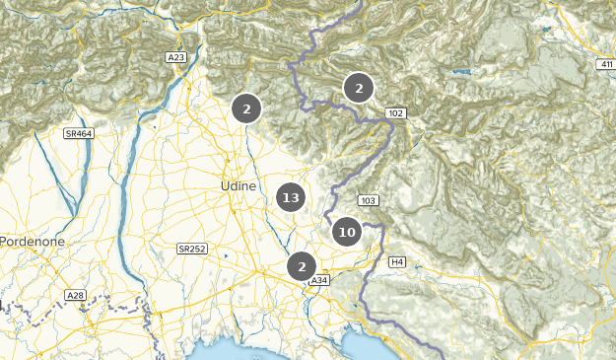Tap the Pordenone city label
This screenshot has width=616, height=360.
[x=32, y=241]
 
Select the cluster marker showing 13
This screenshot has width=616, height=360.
[x=290, y=198]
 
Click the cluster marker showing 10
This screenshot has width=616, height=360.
[x=346, y=233]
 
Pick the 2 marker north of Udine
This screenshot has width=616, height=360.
[x=246, y=108]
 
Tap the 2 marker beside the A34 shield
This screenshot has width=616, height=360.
[x=301, y=266]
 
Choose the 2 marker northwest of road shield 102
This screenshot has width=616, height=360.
[x=359, y=89]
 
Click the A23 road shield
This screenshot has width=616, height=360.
[x=176, y=58]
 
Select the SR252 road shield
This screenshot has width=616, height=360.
[x=191, y=249]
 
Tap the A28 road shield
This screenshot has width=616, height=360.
[x=75, y=295]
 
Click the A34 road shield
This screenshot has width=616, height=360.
[x=318, y=281]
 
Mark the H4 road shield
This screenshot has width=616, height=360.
[x=397, y=261]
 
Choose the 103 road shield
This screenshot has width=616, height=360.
[x=369, y=201]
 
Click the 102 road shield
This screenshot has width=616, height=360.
[x=396, y=114]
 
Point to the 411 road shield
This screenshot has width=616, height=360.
[x=603, y=65]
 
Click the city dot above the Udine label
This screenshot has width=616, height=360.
[x=227, y=161]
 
